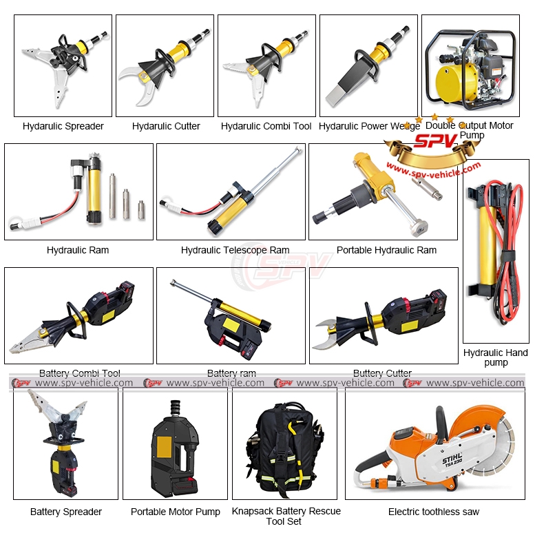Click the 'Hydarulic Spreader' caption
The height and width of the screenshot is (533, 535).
[63, 126]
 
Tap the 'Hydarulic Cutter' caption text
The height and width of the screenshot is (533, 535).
[166, 126]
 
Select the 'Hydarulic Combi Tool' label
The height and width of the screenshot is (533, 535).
[266, 126]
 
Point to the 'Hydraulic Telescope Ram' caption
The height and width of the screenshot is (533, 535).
[235, 250]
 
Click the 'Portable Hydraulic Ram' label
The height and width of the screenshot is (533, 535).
[386, 250]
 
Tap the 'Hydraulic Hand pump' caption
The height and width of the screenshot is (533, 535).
[495, 357]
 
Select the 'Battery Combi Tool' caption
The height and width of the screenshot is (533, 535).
[79, 373]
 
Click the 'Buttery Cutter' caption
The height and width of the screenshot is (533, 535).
[382, 373]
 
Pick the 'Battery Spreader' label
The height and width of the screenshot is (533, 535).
[65, 512]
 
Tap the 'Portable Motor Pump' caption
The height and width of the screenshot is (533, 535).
[176, 512]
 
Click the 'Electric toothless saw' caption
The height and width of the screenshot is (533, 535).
[434, 512]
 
